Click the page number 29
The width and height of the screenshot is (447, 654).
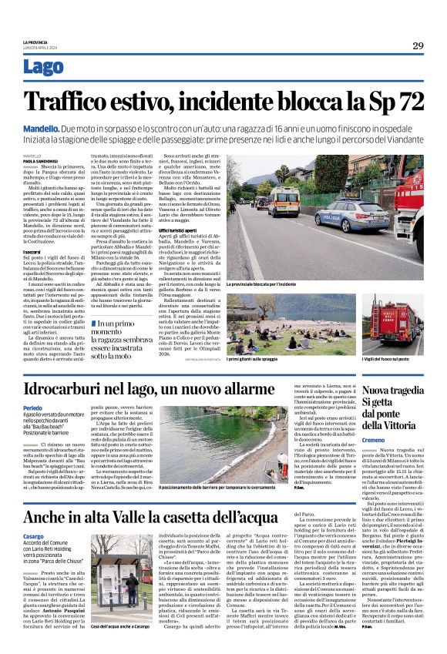point(418,46)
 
